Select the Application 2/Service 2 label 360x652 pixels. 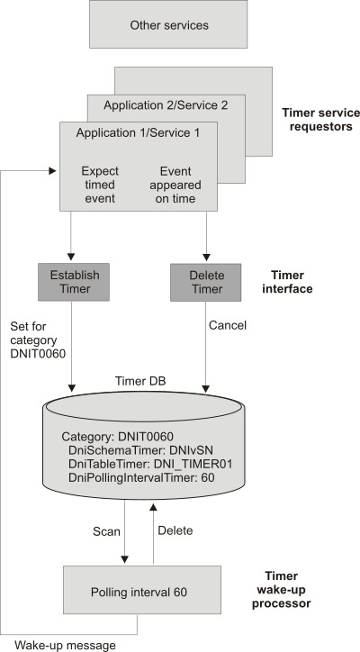pos(166,105)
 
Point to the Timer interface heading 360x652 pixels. pos(292,281)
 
